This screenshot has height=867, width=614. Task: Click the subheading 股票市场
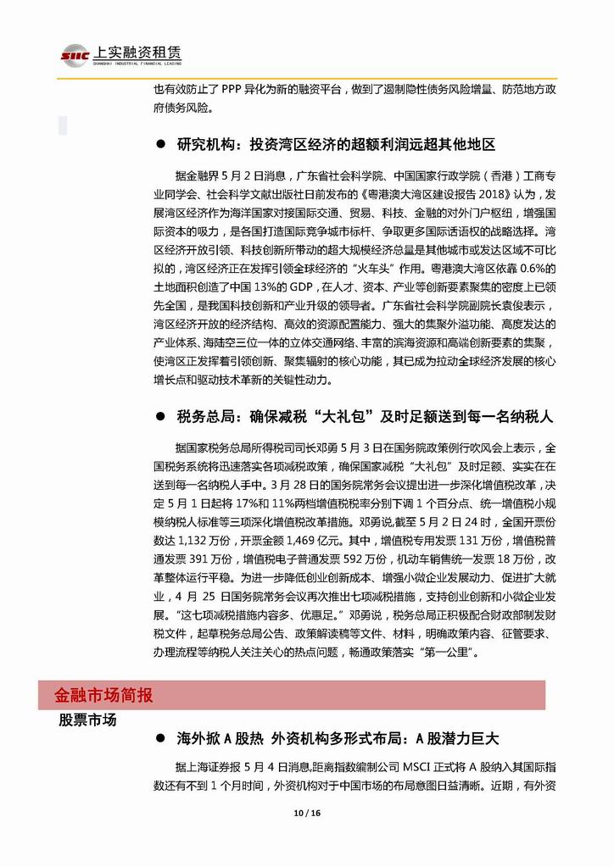click(88, 720)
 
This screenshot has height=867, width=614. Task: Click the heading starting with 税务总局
click(365, 417)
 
